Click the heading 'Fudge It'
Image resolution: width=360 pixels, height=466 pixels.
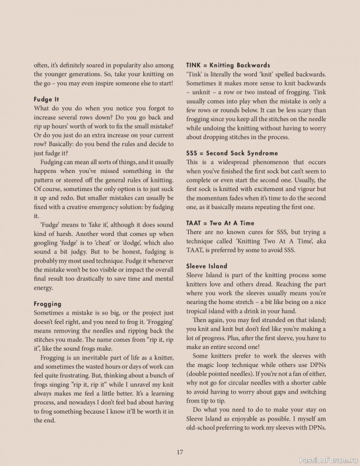pos(47,100)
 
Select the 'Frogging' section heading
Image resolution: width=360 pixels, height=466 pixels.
pos(48,303)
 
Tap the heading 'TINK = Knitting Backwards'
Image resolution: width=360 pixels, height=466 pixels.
pos(228,65)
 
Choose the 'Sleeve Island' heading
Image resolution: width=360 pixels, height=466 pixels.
pos(207,266)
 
